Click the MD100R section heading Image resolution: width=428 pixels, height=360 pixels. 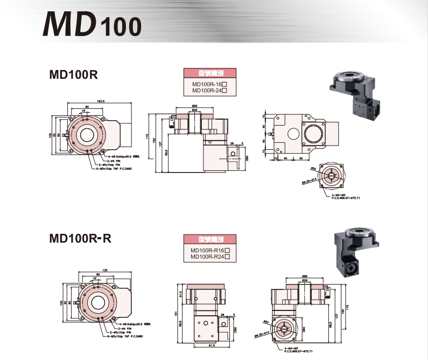(73, 75)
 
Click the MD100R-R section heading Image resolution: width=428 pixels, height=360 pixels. (80, 238)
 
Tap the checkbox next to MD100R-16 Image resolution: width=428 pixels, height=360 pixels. (224, 85)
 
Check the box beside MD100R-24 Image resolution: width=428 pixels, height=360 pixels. (224, 91)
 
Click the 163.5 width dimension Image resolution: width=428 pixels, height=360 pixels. (100, 101)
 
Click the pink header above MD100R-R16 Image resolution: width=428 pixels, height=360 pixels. (207, 241)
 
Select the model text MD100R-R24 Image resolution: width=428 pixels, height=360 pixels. (207, 257)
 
